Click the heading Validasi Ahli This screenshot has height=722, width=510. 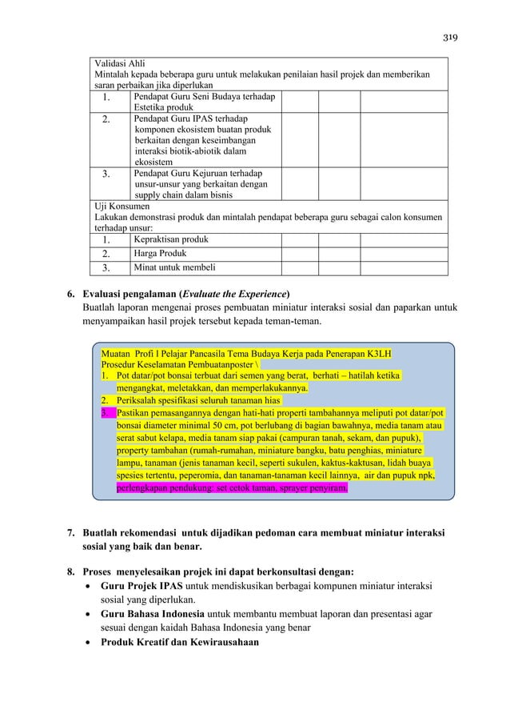pyautogui.click(x=120, y=64)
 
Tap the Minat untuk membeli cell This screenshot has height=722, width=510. pyautogui.click(x=174, y=267)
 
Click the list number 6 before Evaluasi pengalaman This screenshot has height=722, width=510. pyautogui.click(x=70, y=292)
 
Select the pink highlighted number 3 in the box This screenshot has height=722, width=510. pyautogui.click(x=105, y=412)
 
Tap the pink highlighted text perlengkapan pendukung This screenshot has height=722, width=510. pyautogui.click(x=169, y=485)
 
